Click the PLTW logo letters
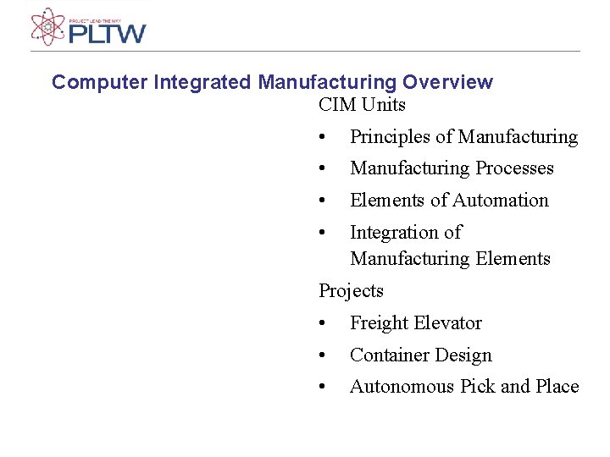[x=108, y=34]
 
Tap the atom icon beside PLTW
[x=47, y=27]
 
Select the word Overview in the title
[x=447, y=82]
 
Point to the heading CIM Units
[x=362, y=105]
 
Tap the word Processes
[x=514, y=168]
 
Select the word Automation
[x=501, y=201]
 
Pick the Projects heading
[x=351, y=291]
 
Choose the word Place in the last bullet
[x=557, y=387]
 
